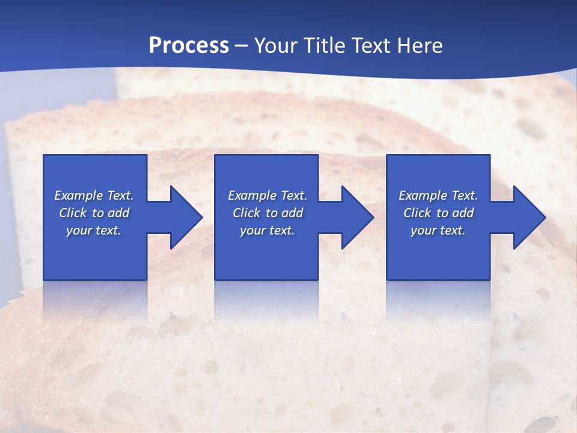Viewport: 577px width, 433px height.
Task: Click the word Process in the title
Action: click(x=189, y=46)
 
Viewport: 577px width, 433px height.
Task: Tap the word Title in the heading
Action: click(x=325, y=46)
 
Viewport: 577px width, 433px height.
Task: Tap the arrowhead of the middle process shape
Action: click(x=356, y=217)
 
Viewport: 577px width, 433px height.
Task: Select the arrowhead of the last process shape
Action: click(x=528, y=217)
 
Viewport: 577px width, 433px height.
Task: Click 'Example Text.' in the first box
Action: click(x=94, y=195)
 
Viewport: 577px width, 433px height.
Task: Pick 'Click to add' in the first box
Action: click(x=94, y=213)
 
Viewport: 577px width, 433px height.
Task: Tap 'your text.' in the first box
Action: click(x=94, y=230)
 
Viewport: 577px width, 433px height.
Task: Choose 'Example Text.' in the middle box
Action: click(x=267, y=195)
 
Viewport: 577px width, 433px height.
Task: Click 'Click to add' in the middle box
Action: click(x=267, y=213)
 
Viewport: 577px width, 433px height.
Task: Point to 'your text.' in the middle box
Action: click(x=267, y=230)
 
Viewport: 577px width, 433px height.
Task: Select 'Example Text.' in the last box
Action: click(x=438, y=195)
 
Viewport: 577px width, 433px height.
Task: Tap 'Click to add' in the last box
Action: click(x=438, y=213)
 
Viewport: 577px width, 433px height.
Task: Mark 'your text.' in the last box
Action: click(x=438, y=230)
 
